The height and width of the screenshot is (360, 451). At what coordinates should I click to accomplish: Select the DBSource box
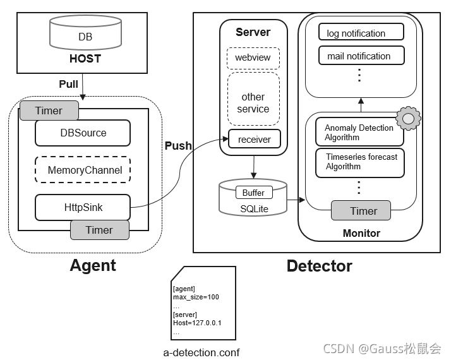click(x=83, y=133)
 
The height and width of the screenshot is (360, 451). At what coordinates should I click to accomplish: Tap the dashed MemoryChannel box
click(x=83, y=170)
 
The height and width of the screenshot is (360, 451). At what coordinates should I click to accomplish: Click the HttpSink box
click(x=83, y=207)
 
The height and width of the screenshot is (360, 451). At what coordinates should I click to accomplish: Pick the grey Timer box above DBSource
click(x=49, y=111)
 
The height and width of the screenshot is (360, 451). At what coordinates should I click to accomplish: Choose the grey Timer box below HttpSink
click(x=99, y=230)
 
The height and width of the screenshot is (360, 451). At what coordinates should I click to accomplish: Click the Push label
click(x=178, y=146)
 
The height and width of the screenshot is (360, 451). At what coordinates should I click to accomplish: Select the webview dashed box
click(x=253, y=58)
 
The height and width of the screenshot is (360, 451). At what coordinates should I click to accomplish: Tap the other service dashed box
click(x=253, y=102)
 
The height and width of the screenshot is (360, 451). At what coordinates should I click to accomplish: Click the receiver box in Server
click(x=254, y=140)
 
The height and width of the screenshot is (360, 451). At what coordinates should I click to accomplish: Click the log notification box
click(x=361, y=33)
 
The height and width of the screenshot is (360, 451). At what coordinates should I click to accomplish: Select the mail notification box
click(x=361, y=56)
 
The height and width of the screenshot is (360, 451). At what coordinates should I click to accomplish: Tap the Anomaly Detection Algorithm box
click(x=359, y=132)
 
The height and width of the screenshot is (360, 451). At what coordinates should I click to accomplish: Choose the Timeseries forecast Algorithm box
click(x=359, y=162)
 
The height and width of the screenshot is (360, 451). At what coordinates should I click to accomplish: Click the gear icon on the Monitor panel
click(x=408, y=117)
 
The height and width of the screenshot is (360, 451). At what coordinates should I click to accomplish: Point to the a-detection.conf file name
click(x=201, y=352)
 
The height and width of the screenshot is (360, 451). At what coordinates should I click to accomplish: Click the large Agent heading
click(x=93, y=265)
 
